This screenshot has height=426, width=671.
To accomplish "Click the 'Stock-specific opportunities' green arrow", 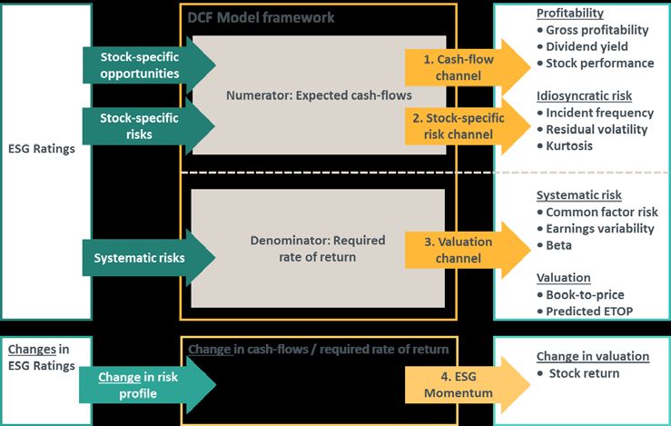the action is point(149,65).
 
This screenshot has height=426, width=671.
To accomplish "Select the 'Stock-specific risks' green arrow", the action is point(149,126).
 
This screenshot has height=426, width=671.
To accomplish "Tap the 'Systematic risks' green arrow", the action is point(149,257).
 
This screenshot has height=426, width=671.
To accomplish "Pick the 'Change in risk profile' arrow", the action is point(148,385).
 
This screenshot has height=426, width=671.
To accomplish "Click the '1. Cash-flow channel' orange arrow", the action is point(468,67).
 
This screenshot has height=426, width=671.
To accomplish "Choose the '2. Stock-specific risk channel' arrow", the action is point(468,126).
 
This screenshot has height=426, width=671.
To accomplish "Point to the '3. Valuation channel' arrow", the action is point(468,250).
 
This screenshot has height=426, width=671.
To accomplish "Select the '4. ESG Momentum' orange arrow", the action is point(468,384).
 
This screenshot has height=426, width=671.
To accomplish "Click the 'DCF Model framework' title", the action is point(261,17).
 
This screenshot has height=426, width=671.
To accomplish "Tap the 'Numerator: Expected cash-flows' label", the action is point(319,95).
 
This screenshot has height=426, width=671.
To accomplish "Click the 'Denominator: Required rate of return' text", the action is point(318,249).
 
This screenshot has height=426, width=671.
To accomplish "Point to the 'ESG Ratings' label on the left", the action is point(42,149).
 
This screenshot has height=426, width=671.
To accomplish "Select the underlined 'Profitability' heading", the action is point(570,14).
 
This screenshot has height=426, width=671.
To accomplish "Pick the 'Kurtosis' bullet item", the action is point(565,145).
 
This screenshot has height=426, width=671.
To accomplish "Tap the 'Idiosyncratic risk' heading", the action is point(584,96).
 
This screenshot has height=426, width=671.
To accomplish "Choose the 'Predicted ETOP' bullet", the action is point(585,312).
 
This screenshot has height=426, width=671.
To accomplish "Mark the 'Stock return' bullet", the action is point(578,373).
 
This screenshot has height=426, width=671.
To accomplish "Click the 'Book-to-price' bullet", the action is point(581,294).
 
